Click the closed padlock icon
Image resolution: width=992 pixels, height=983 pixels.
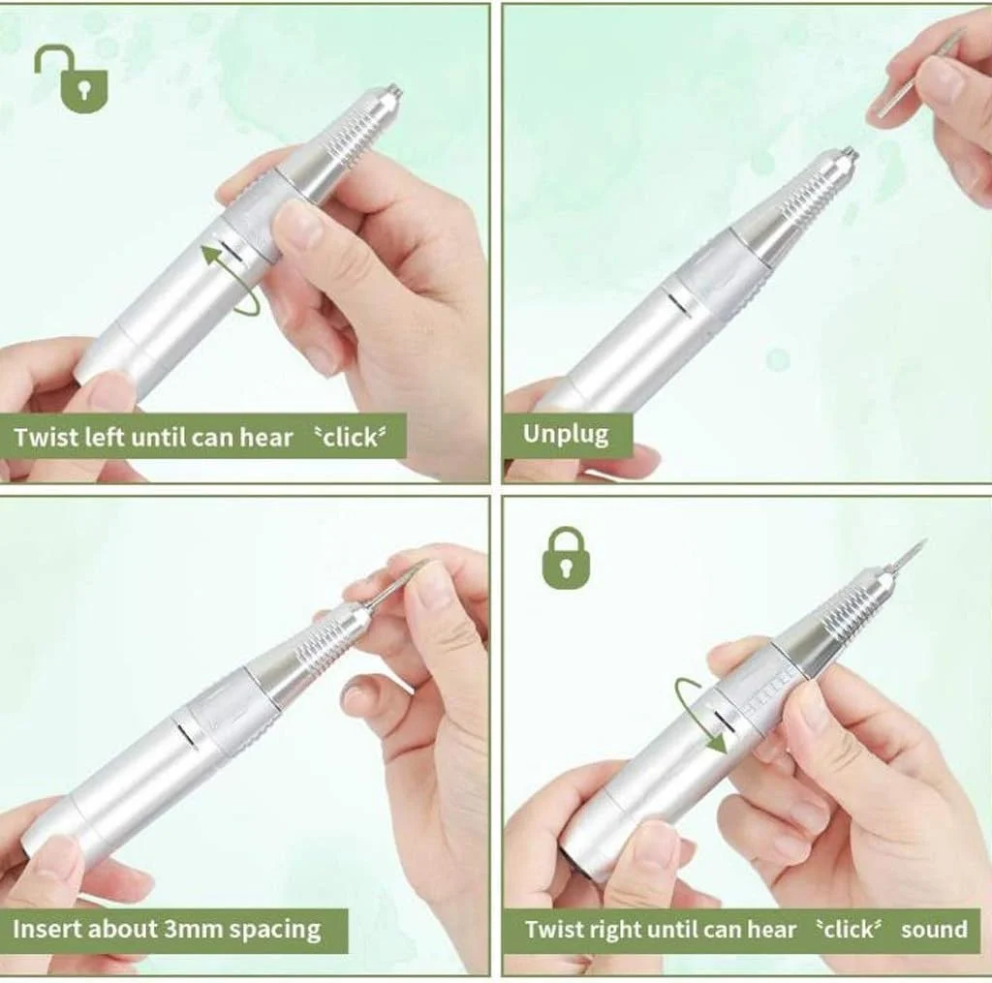(x=566, y=559)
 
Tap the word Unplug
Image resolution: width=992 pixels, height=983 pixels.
(x=566, y=435)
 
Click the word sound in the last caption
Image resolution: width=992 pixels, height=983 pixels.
(x=934, y=929)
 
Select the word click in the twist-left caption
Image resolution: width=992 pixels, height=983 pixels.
(x=350, y=437)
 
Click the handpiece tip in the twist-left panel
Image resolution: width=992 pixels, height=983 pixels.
(x=392, y=91)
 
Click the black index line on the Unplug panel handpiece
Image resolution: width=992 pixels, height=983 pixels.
(x=679, y=304)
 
